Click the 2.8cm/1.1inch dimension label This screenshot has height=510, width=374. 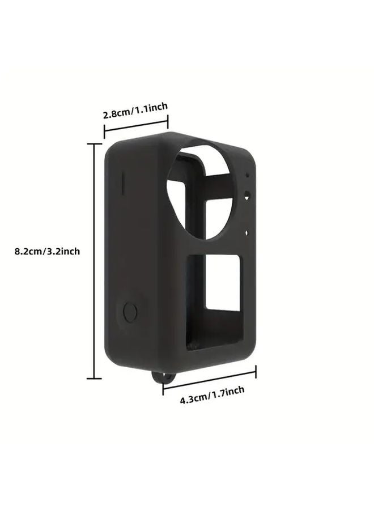point(135,110)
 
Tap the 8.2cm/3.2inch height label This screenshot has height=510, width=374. point(47,251)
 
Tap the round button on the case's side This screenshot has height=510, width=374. point(130,313)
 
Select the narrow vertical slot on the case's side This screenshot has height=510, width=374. point(122,183)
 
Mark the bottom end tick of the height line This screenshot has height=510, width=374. point(94,378)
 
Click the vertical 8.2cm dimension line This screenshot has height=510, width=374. point(94,261)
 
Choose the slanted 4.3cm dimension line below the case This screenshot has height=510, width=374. point(210,380)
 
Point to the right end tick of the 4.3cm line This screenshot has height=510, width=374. point(256,372)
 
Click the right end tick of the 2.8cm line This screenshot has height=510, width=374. point(168,120)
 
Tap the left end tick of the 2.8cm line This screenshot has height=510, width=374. point(104,134)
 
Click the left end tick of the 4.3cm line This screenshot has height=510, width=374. point(163,388)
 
